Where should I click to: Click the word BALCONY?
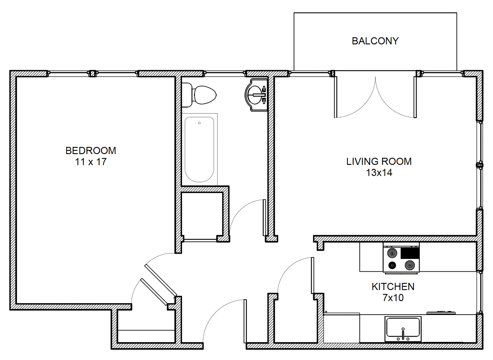pos(375,41)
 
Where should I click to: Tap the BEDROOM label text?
pos(91,151)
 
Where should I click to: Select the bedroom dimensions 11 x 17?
pos(91,162)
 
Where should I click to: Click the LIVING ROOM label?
pos(379,161)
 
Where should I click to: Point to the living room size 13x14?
pos(379,173)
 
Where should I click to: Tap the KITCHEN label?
pos(393,287)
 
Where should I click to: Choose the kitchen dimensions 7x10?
pos(393,298)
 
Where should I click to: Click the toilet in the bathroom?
pos(199,95)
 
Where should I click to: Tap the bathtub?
pos(199,149)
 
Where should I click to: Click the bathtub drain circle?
pos(199,123)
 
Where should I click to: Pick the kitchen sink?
pos(403,328)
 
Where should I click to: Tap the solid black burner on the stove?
pos(392,265)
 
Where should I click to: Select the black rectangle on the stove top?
pos(410,253)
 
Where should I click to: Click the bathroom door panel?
pos(264,217)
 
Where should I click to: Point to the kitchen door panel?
pos(312,275)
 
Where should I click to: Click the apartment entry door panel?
pos(245,321)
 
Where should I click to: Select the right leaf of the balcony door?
pos(415,97)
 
